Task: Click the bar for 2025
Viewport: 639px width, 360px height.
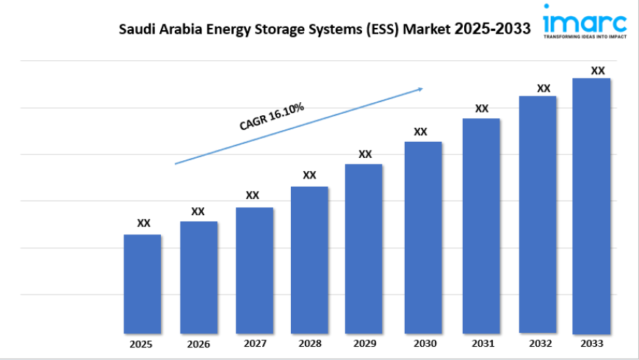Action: [x=142, y=284]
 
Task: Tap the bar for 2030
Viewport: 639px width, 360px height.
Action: [x=422, y=237]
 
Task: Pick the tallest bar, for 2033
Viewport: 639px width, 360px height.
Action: [x=591, y=205]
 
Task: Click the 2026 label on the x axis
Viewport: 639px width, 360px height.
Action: [x=198, y=344]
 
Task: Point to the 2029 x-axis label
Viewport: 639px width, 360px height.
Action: [x=365, y=343]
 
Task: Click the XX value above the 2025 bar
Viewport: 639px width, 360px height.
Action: [x=144, y=223]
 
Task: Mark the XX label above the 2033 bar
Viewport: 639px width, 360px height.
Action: [x=598, y=71]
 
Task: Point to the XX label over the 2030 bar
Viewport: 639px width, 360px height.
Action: [x=420, y=132]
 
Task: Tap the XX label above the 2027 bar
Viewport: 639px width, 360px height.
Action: [x=252, y=195]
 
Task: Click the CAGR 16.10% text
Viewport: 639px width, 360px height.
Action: [x=272, y=118]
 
